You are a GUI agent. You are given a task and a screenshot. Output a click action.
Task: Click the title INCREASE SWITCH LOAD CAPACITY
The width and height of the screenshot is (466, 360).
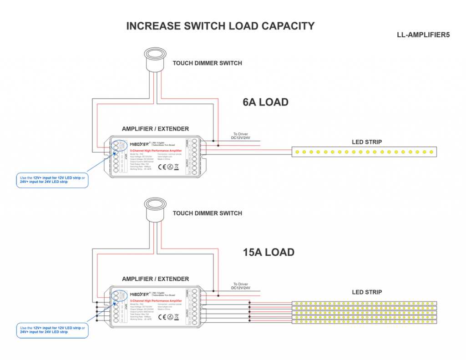(220, 26)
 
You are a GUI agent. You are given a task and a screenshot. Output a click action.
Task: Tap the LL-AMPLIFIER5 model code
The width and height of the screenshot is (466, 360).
(423, 35)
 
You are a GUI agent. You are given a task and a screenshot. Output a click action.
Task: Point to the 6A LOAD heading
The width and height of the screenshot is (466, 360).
(265, 102)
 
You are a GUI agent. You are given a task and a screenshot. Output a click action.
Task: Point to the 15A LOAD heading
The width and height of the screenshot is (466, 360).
(268, 252)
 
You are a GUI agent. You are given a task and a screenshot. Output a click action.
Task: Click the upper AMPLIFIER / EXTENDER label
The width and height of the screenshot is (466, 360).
(155, 129)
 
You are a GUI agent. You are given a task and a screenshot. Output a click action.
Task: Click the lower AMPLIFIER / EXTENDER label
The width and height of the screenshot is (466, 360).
(155, 279)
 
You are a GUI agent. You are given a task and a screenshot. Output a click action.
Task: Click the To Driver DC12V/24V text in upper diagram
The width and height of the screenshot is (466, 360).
(241, 136)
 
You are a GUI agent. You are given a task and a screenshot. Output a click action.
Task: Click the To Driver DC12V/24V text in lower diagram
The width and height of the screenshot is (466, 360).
(241, 286)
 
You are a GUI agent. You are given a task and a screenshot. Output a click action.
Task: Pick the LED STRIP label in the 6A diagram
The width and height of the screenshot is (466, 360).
(367, 142)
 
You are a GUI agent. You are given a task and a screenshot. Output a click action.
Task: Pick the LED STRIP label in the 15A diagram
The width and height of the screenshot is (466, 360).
(367, 292)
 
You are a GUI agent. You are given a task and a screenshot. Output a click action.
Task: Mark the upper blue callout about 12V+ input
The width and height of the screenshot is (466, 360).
(53, 180)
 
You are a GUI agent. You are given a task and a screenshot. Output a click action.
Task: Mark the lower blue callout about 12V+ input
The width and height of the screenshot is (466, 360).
(53, 330)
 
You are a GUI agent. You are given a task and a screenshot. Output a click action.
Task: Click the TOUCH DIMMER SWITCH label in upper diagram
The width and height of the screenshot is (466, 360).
(207, 63)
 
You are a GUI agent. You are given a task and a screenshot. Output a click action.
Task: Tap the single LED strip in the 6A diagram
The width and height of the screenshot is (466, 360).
(364, 152)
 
